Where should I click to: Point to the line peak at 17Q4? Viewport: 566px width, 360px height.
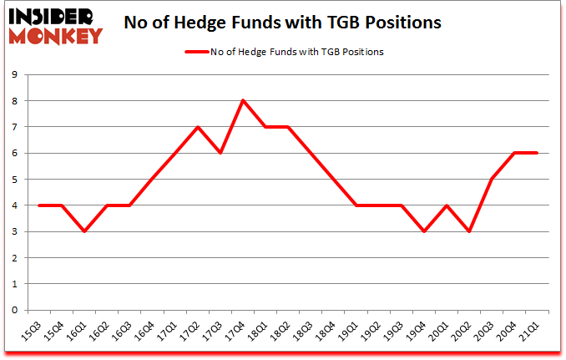242,101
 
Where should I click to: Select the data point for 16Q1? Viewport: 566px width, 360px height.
83,231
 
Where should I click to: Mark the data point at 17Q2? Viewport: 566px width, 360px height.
197,127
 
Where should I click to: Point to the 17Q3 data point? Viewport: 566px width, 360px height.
220,153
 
